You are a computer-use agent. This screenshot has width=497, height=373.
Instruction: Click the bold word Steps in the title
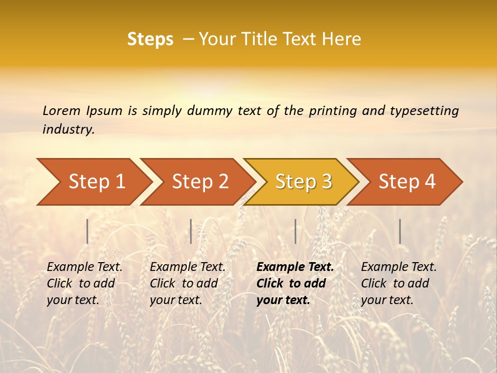coord(150,39)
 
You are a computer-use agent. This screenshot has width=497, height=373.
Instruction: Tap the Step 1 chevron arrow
coord(93,182)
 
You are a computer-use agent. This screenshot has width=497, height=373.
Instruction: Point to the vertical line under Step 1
coord(87,231)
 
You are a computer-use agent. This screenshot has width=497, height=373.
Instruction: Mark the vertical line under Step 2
coord(191,231)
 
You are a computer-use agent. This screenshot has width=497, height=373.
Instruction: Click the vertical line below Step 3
coord(295,231)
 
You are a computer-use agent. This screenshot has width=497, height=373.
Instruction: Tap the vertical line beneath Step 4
coord(400,231)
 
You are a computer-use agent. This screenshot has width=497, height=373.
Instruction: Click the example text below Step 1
coord(84,283)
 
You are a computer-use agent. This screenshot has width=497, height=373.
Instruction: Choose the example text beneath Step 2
coord(187,283)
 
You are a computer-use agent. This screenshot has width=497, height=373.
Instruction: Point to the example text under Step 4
coord(398,283)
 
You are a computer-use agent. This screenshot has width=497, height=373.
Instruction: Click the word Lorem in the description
coord(61,111)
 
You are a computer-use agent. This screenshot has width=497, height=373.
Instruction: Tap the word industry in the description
coord(68,130)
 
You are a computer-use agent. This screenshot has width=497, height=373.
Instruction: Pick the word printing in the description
coord(331,111)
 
